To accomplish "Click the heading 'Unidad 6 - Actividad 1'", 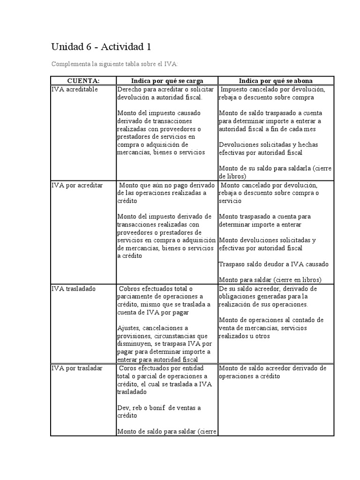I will (x=101, y=47).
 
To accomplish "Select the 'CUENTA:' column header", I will (x=83, y=81).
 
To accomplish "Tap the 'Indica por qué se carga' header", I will (x=167, y=81).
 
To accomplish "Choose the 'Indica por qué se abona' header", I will (x=276, y=81).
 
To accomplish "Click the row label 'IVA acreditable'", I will (x=75, y=89).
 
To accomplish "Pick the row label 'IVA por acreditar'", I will (x=77, y=185).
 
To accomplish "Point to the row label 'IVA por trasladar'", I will (x=77, y=368).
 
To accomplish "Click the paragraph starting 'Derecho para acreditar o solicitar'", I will (x=165, y=93).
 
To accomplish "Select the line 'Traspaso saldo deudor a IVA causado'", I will (x=274, y=264).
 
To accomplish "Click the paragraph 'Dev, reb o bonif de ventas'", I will (x=159, y=412).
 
